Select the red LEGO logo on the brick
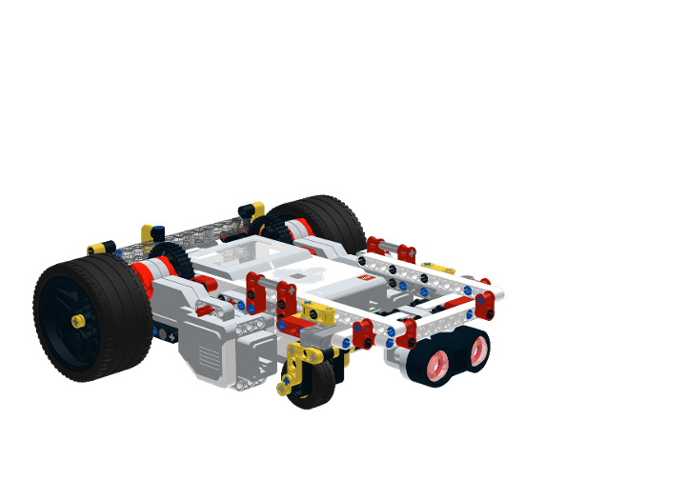[364, 278]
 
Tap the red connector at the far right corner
[486, 305]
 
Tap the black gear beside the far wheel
[276, 229]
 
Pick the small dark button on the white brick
[298, 278]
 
